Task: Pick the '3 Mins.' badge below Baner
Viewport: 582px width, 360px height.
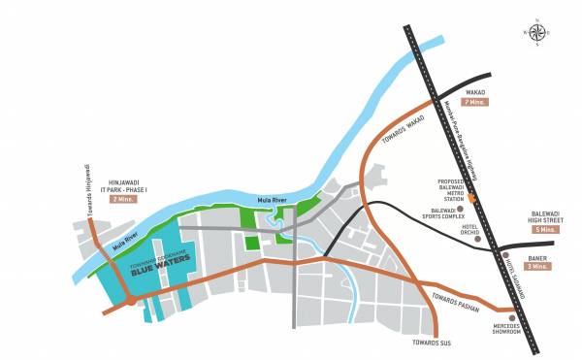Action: coord(537,265)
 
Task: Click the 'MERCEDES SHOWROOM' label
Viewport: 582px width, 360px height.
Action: coord(506,328)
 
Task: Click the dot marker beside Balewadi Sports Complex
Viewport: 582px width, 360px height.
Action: coord(462,209)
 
